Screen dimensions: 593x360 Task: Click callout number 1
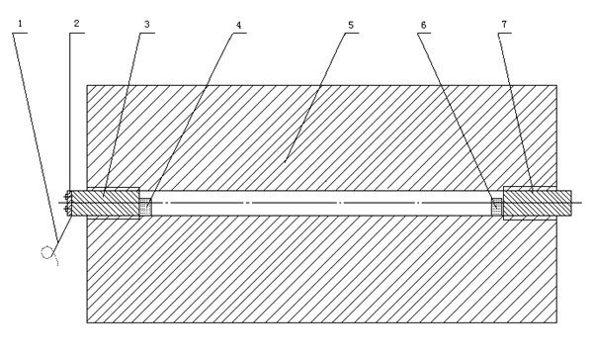click(20, 24)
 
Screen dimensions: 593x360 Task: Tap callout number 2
click(76, 24)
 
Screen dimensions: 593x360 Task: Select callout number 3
click(146, 24)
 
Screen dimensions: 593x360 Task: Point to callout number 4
click(238, 25)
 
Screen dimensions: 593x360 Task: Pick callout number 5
click(351, 25)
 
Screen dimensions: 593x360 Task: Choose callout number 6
click(423, 25)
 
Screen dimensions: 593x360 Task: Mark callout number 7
click(504, 24)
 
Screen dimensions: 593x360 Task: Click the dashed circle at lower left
click(46, 252)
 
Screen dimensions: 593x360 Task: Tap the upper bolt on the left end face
click(67, 197)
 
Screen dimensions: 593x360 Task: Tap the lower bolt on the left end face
click(67, 209)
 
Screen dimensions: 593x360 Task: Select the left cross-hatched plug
click(106, 203)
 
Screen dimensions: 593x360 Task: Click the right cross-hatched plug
click(537, 203)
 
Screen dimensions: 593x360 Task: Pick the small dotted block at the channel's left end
click(145, 207)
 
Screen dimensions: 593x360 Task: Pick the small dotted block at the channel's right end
click(497, 207)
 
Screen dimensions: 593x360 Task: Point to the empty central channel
click(321, 204)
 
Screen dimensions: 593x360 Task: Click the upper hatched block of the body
click(321, 137)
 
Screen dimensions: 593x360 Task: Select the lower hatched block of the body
click(321, 269)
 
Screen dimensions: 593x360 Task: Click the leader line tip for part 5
click(285, 163)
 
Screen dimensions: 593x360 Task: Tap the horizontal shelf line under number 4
click(239, 34)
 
